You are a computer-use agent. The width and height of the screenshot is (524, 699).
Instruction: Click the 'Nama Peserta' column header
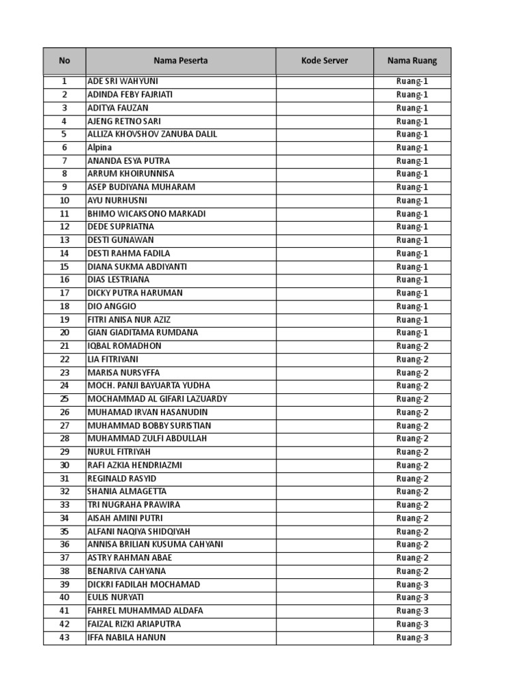(180, 61)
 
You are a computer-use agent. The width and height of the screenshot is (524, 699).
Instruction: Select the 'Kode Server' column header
(324, 61)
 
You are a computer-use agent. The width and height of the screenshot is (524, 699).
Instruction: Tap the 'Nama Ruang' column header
(412, 61)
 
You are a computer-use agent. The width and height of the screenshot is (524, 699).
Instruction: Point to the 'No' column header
(64, 61)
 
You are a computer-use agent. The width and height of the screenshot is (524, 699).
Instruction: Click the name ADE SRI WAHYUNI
(123, 81)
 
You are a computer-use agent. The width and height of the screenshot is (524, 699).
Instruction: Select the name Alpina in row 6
(100, 147)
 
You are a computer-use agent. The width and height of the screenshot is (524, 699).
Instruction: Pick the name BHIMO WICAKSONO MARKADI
(147, 214)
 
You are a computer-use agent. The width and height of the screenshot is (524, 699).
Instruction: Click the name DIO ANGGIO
(112, 306)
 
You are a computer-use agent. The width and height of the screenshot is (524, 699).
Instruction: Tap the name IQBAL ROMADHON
(124, 346)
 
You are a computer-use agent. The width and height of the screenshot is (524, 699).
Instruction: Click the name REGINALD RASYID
(122, 479)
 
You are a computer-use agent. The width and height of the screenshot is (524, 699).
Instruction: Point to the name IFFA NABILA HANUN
(126, 638)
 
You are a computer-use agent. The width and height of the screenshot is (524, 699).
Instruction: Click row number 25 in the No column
(64, 399)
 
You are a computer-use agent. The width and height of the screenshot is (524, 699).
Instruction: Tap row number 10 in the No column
(64, 201)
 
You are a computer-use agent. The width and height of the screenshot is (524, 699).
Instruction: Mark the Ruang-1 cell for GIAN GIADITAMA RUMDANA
(412, 333)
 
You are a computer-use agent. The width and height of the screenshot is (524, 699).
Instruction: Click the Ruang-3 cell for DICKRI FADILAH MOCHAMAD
(412, 585)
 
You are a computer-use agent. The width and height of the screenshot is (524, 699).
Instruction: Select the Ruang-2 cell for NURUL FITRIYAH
(412, 452)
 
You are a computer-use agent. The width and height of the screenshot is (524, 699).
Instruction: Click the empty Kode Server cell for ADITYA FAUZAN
(324, 108)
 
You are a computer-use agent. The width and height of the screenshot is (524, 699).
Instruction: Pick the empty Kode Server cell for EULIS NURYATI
(324, 598)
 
